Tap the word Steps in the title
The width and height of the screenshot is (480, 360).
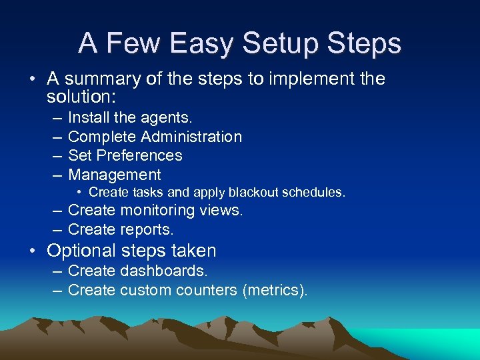[x=365, y=43]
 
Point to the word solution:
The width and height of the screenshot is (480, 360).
[x=81, y=97]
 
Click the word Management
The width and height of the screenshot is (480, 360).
[x=115, y=175]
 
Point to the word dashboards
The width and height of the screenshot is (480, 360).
[x=164, y=271]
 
